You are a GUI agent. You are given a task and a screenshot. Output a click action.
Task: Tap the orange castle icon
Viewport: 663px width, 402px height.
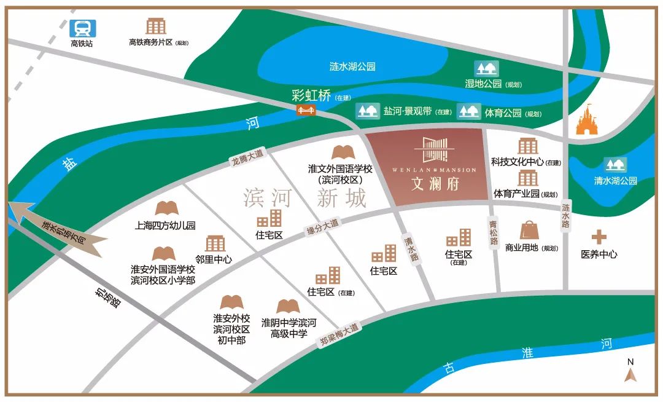588,119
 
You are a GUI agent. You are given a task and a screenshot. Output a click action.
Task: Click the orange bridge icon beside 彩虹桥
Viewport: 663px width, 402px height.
306,110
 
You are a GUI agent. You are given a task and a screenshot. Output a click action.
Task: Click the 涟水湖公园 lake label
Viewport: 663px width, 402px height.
352,66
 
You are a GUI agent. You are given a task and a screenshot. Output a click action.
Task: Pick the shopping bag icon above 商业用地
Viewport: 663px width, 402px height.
529,231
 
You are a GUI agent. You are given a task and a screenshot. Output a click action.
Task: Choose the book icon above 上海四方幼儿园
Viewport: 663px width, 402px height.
166,208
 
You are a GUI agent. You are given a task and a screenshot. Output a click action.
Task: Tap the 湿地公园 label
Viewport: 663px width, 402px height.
483,84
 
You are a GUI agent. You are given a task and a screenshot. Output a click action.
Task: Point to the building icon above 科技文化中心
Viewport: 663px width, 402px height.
527,146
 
